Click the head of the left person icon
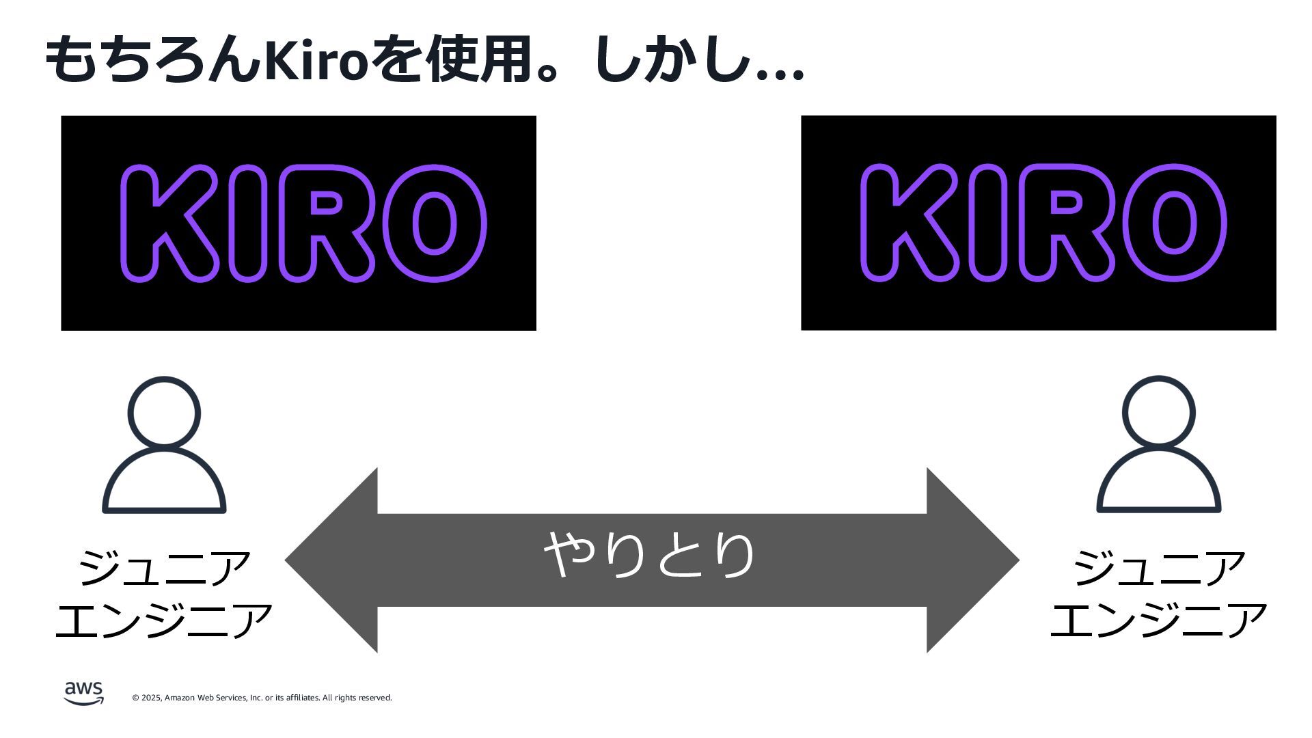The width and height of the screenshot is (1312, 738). [164, 413]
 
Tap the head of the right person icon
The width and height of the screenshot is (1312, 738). [1158, 413]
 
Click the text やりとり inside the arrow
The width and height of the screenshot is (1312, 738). [649, 554]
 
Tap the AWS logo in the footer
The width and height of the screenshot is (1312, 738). [83, 692]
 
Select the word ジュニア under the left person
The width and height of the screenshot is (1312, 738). [164, 568]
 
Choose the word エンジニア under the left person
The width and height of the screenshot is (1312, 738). [164, 620]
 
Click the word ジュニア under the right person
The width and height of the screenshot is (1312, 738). [1158, 568]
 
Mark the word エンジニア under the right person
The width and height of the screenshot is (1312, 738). [1158, 620]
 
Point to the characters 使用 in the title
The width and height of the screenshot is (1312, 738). [478, 60]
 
